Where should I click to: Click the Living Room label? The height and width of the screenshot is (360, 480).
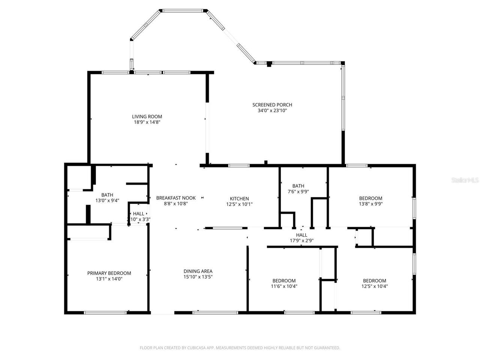pyautogui.click(x=147, y=117)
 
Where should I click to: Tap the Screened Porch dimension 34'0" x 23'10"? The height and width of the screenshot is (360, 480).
pyautogui.click(x=272, y=111)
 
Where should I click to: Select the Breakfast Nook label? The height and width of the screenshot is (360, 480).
pyautogui.click(x=176, y=198)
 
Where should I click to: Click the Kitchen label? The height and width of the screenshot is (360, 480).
pyautogui.click(x=239, y=199)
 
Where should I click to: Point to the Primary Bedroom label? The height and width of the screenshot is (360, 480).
pyautogui.click(x=109, y=273)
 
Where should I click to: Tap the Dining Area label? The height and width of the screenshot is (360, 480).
pyautogui.click(x=198, y=271)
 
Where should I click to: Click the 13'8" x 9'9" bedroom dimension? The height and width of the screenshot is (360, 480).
pyautogui.click(x=370, y=204)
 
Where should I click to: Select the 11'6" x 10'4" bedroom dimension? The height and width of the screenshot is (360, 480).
pyautogui.click(x=284, y=286)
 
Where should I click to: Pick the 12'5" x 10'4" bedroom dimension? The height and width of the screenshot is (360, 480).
pyautogui.click(x=374, y=286)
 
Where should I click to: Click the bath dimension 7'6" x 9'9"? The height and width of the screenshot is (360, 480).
pyautogui.click(x=298, y=192)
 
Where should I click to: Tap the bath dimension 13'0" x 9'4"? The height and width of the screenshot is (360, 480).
pyautogui.click(x=107, y=201)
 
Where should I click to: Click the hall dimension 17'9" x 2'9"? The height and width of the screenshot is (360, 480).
pyautogui.click(x=301, y=241)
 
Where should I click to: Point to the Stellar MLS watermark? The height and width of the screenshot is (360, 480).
pyautogui.click(x=465, y=180)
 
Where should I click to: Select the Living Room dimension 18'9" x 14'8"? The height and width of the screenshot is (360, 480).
pyautogui.click(x=147, y=122)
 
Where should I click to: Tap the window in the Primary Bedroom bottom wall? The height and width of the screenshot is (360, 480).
pyautogui.click(x=105, y=312)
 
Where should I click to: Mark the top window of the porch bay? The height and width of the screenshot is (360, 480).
pyautogui.click(x=184, y=11)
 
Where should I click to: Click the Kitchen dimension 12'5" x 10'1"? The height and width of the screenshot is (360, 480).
pyautogui.click(x=239, y=204)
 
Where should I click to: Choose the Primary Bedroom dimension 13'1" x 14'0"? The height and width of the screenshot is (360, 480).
pyautogui.click(x=109, y=279)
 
